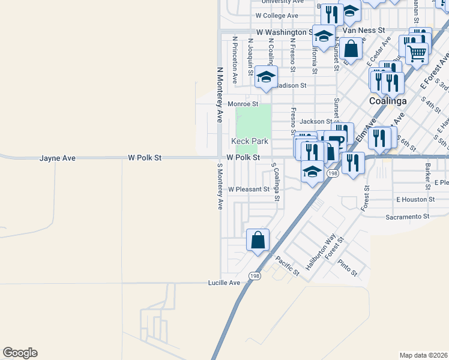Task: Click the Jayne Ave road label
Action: coord(58,158)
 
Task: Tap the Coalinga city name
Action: coord(387,101)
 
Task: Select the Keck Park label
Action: coord(250,142)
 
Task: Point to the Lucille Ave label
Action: coord(224,283)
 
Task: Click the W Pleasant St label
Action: coord(249,189)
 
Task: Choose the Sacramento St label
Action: coord(408,216)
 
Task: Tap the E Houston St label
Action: coord(415,199)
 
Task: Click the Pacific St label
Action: coord(287,265)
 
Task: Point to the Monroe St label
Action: coord(243,104)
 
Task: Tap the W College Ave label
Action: coord(277,16)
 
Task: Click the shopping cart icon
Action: coord(417,53)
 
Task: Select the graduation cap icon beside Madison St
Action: coord(266,77)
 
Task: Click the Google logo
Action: coord(20,353)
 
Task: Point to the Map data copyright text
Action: coord(423,355)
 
